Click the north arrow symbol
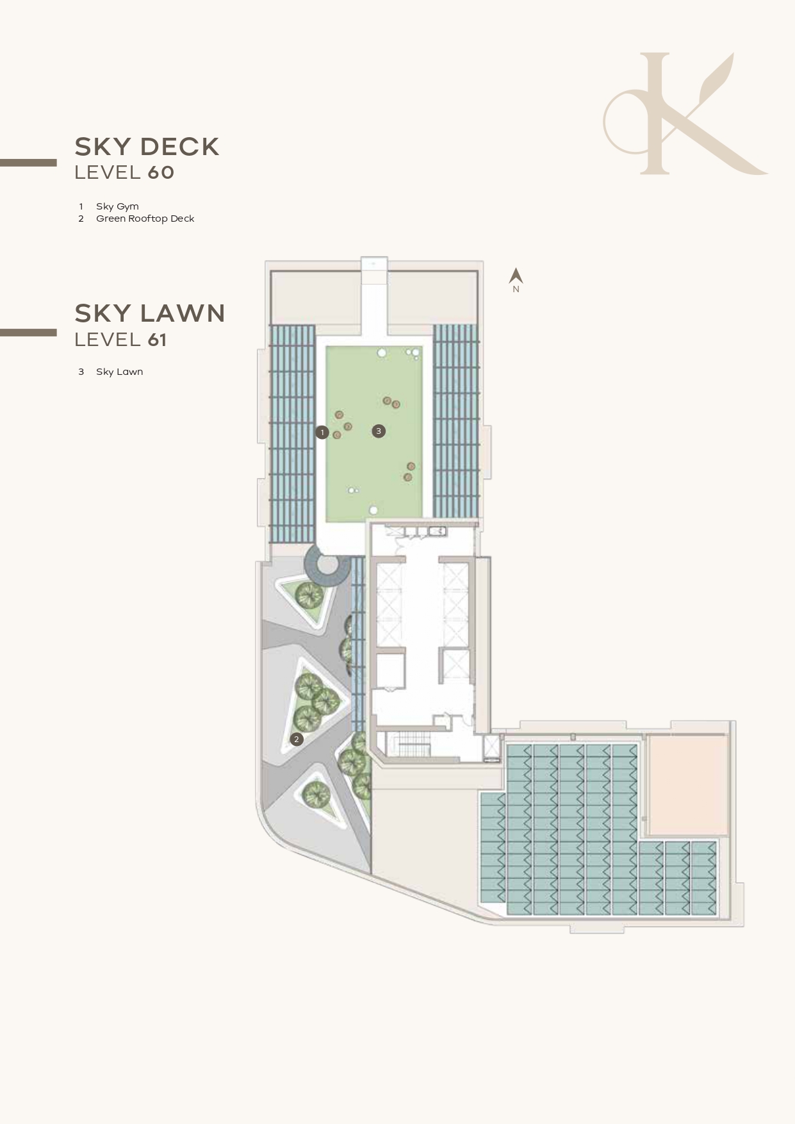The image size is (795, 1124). (516, 276)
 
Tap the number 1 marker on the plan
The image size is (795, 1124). (322, 433)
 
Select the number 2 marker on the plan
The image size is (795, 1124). (296, 740)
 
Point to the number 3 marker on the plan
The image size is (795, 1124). (379, 431)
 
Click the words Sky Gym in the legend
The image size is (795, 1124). (117, 206)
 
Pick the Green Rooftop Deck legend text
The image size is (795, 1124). (145, 219)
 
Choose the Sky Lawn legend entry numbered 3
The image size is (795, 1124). (119, 372)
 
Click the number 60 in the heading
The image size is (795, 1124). (161, 172)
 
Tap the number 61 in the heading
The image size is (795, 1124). (157, 340)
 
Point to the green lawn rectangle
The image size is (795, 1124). (374, 434)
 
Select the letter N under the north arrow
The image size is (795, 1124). (516, 290)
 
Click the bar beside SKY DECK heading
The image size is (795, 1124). (28, 163)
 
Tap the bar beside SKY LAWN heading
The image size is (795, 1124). (28, 333)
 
